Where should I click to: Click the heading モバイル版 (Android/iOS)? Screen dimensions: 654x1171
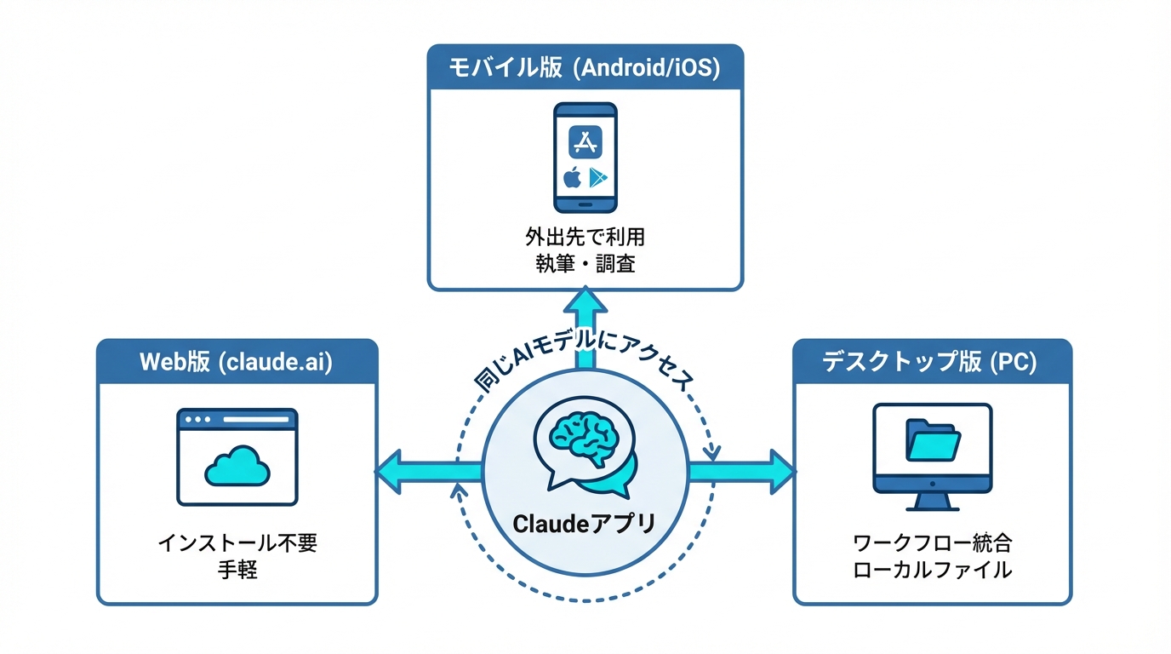click(x=585, y=67)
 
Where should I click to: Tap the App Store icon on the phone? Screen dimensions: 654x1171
click(x=585, y=142)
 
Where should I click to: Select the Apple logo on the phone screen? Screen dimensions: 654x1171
click(x=572, y=177)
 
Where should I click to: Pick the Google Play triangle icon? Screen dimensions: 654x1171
click(x=599, y=177)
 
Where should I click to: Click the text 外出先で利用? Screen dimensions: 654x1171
click(x=585, y=236)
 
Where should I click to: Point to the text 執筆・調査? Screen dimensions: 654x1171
click(x=585, y=264)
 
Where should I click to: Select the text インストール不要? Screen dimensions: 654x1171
click(x=237, y=542)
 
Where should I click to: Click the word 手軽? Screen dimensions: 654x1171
click(x=237, y=570)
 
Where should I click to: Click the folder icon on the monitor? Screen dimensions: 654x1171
click(x=933, y=440)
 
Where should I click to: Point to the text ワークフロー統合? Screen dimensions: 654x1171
click(x=933, y=542)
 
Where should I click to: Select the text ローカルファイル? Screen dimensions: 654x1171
click(x=933, y=570)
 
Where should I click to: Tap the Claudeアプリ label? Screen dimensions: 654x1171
click(x=585, y=522)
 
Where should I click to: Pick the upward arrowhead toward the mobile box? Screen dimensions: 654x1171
click(x=585, y=302)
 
